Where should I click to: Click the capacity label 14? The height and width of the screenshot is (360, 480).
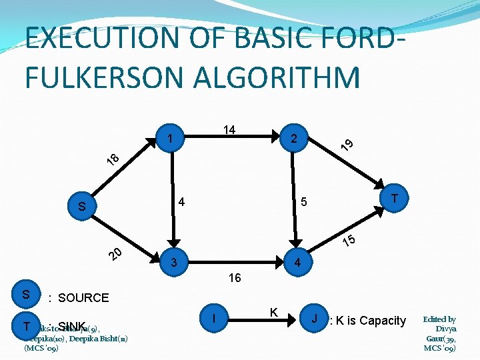[229, 130]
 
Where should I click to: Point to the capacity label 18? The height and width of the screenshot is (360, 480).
[114, 159]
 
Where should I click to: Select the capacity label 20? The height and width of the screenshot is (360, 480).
[115, 254]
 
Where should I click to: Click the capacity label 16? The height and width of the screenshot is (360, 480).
[235, 278]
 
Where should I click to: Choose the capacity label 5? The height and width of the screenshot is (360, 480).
[303, 202]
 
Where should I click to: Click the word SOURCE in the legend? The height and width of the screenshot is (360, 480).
[83, 297]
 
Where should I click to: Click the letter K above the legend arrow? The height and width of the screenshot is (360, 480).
[273, 311]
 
